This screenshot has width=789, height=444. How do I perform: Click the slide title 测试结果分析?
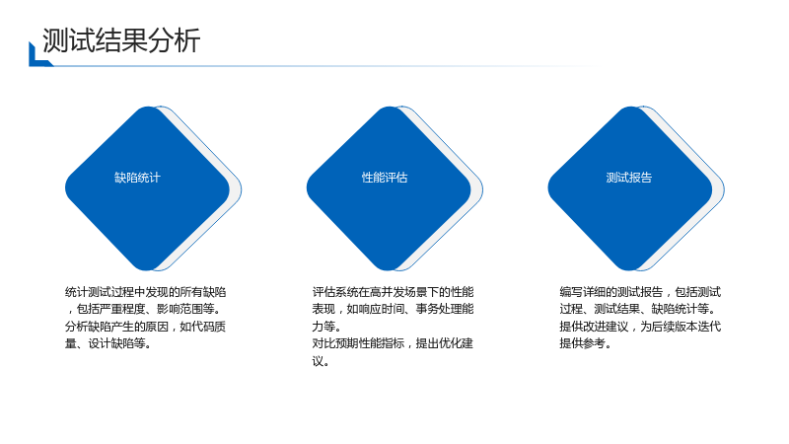pos(121,40)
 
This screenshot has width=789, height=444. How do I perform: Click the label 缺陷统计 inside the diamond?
pos(137,178)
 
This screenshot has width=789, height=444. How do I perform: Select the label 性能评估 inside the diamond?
pos(385,178)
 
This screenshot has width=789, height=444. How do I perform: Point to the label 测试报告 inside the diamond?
pos(628,178)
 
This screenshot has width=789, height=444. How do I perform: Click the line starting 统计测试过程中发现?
pos(145,292)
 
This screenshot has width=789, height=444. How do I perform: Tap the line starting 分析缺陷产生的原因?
pos(145,327)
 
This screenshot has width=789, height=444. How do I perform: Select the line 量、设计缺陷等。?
pos(108,343)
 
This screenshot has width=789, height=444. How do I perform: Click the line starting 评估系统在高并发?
pos(393,292)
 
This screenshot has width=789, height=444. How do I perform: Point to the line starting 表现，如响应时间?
pos(393,309)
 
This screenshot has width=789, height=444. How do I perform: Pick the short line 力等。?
pos(326,327)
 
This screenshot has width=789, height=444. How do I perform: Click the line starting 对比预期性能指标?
pos(393,343)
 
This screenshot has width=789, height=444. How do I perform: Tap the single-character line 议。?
pos(321,361)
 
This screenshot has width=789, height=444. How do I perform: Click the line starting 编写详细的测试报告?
pos(640,292)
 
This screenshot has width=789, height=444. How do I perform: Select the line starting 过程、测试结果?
pos(637,309)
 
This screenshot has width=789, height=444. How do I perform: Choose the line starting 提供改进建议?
pos(640,327)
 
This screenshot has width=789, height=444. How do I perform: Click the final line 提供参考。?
pos(585,343)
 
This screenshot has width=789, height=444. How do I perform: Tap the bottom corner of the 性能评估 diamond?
pos(389,269)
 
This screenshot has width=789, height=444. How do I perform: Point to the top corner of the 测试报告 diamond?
pos(630,108)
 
